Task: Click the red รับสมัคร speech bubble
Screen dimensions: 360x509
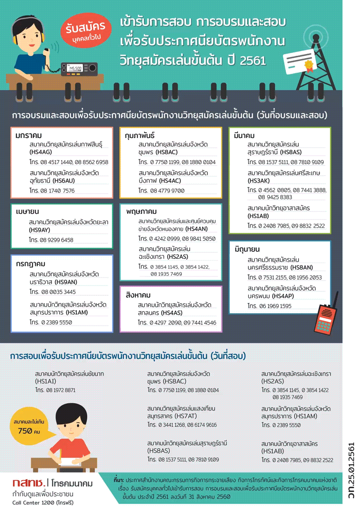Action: [x=86, y=31]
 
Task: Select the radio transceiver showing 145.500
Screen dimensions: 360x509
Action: [x=79, y=69]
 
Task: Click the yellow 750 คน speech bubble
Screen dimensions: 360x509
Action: [x=29, y=427]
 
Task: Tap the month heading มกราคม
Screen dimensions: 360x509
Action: [x=29, y=135]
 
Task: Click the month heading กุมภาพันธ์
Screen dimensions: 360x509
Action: [x=139, y=135]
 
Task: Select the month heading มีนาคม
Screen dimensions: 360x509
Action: [x=244, y=135]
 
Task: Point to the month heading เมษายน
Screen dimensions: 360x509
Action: [x=27, y=212]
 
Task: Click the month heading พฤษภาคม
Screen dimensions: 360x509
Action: [x=141, y=212]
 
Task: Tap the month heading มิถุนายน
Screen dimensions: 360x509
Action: [x=247, y=249]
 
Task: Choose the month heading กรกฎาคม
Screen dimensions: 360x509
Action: [x=31, y=264]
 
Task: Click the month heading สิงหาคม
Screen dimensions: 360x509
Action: [x=138, y=295]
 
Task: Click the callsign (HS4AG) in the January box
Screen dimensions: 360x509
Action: [x=40, y=152]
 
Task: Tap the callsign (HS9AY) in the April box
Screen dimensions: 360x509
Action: [x=40, y=230]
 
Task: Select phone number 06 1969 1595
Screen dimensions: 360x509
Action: [x=275, y=306]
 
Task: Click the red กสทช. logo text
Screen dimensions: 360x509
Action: [x=29, y=483]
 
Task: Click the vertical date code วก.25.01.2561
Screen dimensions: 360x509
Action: [x=351, y=471]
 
